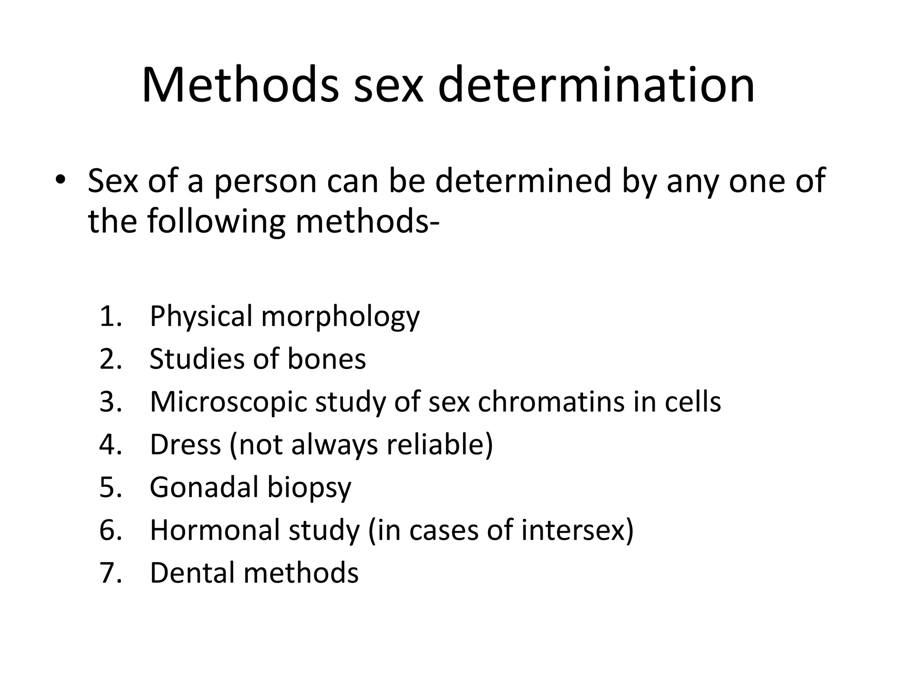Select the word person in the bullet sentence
tap(265, 181)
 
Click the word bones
tap(326, 359)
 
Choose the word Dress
tap(185, 444)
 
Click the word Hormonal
tap(215, 530)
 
